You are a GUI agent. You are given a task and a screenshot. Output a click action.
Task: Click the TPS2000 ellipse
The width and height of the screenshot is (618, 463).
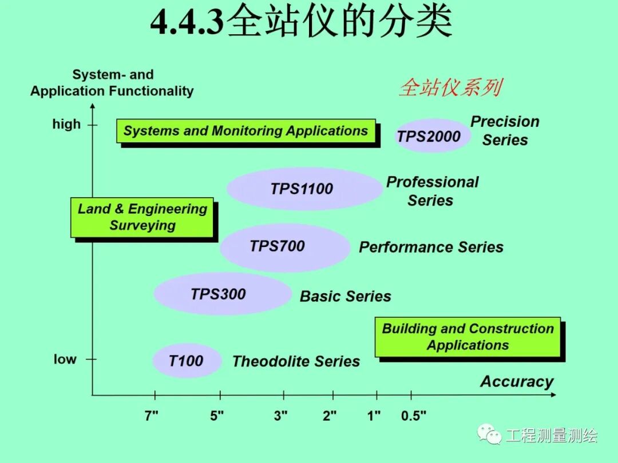432,136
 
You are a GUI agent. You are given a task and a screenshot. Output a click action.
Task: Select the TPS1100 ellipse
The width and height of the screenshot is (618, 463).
304,189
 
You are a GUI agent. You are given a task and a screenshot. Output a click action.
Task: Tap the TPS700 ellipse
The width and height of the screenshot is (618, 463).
284,247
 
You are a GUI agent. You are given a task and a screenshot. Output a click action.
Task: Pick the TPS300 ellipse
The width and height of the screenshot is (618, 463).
222,294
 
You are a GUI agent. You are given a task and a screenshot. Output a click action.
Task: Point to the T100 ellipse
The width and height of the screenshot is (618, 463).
187,361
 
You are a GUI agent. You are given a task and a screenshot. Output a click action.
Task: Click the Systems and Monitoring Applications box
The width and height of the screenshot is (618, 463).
246,131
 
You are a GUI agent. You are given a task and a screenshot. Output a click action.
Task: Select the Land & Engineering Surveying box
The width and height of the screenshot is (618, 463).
142,217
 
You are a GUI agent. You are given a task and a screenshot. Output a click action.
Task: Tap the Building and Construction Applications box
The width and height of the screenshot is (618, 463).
468,337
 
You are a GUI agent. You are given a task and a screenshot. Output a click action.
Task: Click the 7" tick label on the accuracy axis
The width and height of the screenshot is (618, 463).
151,416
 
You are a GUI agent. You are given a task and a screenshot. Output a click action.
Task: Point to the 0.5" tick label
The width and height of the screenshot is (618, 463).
413,416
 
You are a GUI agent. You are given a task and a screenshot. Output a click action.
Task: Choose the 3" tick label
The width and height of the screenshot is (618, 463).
280,416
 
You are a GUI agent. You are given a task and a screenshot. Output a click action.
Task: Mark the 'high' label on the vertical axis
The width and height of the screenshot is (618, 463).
66,124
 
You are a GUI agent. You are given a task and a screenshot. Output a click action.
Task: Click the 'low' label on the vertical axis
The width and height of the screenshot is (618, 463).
65,360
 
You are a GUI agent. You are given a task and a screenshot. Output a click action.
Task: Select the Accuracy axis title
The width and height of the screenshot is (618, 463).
517,382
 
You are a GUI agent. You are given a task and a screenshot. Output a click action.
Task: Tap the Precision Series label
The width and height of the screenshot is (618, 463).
505,131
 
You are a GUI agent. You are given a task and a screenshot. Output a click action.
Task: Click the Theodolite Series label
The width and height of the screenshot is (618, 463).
296,361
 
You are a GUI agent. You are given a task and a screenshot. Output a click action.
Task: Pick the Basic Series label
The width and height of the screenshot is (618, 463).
345,296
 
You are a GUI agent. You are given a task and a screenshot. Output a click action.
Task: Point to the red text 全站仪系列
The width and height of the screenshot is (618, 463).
450,87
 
